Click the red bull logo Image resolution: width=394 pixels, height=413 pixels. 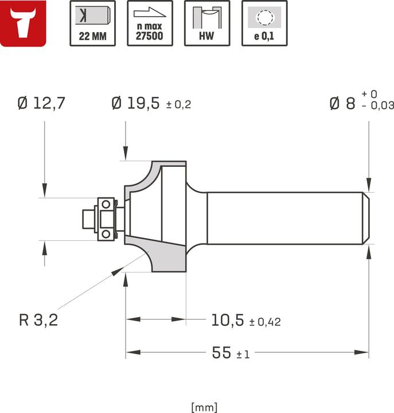tap(24, 24)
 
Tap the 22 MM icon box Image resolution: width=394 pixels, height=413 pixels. tap(92, 24)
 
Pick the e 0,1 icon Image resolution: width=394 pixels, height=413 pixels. tap(264, 24)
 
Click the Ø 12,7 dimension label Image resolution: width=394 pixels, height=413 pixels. tap(41, 103)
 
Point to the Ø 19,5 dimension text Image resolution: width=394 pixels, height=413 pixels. tap(135, 103)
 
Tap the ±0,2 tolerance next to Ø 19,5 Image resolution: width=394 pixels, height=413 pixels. tap(178, 105)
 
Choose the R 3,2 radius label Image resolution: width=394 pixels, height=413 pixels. tap(38, 320)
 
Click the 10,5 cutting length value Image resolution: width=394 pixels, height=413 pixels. tap(228, 320)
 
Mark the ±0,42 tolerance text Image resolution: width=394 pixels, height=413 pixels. tap(265, 322)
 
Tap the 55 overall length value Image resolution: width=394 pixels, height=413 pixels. tap(221, 353)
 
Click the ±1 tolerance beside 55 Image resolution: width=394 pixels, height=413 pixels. tap(243, 354)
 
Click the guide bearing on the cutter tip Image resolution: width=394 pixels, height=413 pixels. tap(106, 219)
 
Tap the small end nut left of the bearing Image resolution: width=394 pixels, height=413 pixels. tap(88, 219)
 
